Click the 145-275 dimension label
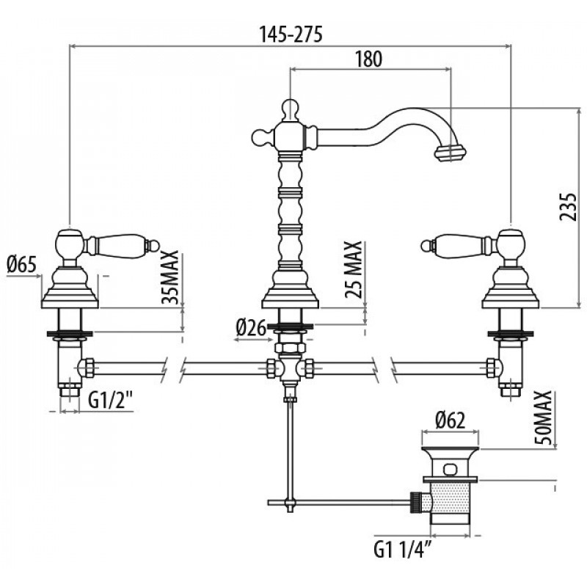coord(291,34)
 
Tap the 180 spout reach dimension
coord(369,59)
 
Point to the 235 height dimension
coord(567,207)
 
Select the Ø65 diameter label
coord(22,265)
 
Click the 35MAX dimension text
coord(170,277)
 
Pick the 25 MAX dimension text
coord(354,269)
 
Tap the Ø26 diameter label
coord(251,328)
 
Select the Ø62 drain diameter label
coord(451,420)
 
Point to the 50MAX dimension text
coord(543,418)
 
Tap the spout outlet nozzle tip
coord(451,153)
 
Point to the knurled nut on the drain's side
coord(415,502)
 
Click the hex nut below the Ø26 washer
coord(290,347)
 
